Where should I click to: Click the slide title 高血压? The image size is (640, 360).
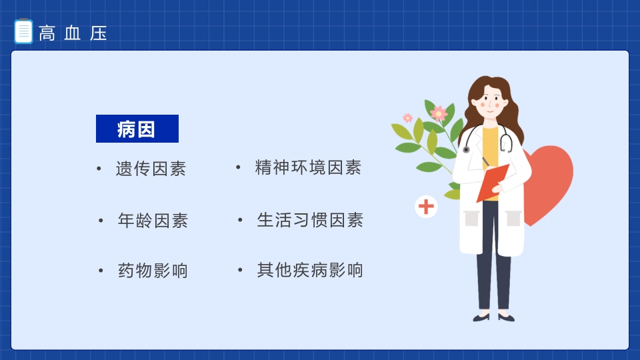[73, 33]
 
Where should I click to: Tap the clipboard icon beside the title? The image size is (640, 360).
[23, 32]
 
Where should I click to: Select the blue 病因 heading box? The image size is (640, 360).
[137, 129]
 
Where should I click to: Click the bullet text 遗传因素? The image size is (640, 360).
[151, 169]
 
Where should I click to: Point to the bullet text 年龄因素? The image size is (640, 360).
[153, 220]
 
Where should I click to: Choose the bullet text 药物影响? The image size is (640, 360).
[153, 271]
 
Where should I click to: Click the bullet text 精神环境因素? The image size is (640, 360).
[308, 167]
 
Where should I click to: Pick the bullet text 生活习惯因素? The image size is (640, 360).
[310, 220]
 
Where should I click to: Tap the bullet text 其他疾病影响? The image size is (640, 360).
[310, 270]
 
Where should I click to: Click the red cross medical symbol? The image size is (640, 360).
[426, 207]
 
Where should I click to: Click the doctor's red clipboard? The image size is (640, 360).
[492, 182]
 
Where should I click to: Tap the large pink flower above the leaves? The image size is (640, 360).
[439, 113]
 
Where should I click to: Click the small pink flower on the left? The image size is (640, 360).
[407, 118]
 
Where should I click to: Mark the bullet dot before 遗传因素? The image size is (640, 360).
[99, 169]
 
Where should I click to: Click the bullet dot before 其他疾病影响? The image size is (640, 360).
[239, 271]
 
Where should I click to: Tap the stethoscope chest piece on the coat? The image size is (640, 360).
[467, 150]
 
